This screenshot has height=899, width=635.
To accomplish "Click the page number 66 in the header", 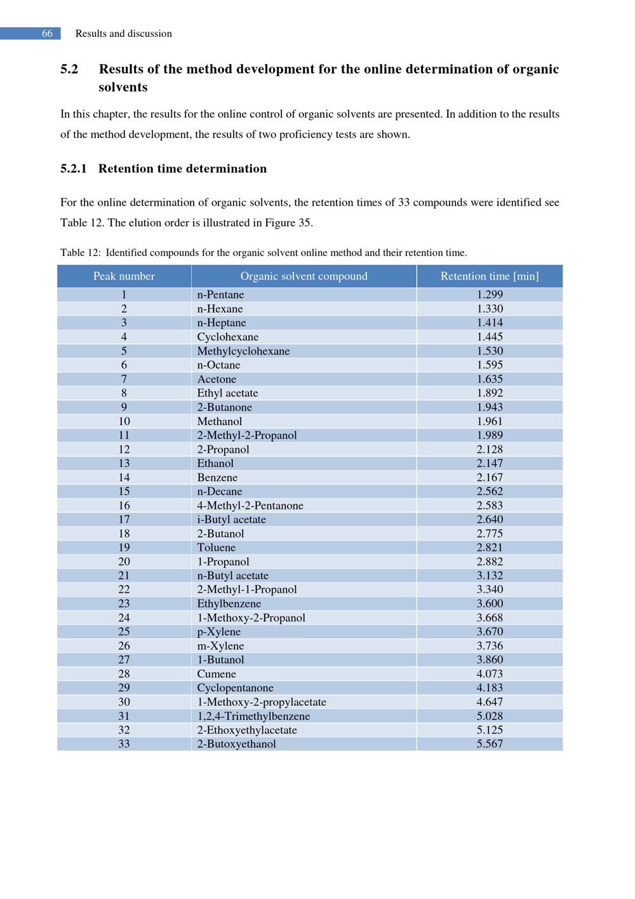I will [47, 34].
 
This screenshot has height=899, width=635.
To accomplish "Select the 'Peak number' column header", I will [124, 276].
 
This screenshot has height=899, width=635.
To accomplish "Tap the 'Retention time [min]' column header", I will [490, 276].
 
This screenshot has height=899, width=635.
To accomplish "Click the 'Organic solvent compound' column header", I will [304, 276].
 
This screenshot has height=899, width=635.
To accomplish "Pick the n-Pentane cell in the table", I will [220, 295].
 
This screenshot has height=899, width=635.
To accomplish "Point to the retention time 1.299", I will [490, 295].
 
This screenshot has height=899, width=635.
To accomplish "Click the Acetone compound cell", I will [217, 379].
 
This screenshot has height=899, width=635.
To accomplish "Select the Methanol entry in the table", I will [219, 421].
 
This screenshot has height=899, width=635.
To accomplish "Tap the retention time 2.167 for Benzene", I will [490, 478].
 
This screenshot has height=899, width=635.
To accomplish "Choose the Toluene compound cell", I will [216, 548].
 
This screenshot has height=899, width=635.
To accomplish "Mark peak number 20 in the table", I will [124, 562].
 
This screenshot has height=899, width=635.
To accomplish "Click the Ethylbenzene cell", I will [229, 604].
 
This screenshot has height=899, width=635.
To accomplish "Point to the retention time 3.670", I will [490, 632].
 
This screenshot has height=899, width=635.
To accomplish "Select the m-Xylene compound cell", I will [220, 646].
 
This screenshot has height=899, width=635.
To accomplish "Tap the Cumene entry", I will [216, 674].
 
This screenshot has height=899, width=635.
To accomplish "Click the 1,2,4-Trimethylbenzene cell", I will [253, 716].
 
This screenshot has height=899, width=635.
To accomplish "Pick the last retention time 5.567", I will [490, 744].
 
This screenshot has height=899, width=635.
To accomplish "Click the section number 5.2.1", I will [73, 169].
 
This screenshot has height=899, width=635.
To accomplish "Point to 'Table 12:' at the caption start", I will [80, 253].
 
